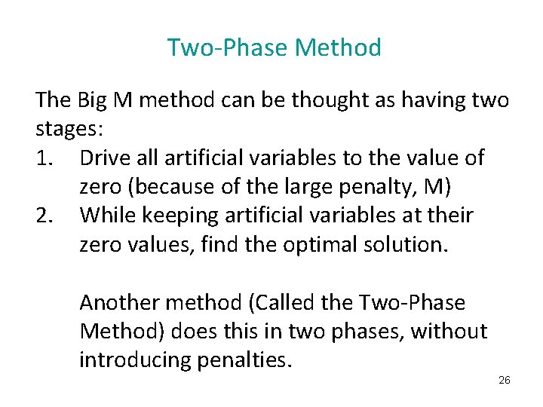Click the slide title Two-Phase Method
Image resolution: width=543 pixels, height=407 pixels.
[274, 48]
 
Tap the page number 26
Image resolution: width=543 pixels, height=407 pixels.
[505, 380]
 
